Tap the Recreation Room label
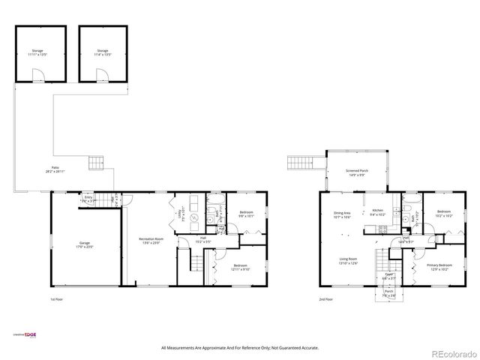pyautogui.click(x=152, y=241)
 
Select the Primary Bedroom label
pyautogui.click(x=439, y=266)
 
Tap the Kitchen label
pyautogui.click(x=378, y=212)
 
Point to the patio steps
pyautogui.click(x=95, y=162)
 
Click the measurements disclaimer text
pyautogui.click(x=240, y=348)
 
